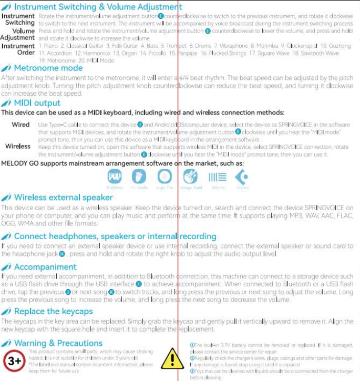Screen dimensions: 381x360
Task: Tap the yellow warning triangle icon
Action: [x=171, y=359]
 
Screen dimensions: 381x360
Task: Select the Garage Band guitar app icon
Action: [x=190, y=177]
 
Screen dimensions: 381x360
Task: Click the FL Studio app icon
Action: [x=139, y=177]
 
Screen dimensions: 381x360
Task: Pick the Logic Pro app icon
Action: [x=164, y=177]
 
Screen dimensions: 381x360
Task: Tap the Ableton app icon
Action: [x=217, y=177]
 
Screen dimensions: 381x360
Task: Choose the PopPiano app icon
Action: [x=115, y=177]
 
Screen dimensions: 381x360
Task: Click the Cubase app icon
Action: [x=242, y=177]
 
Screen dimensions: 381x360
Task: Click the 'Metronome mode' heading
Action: [x=48, y=68]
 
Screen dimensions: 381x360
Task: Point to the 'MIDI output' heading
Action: [x=37, y=103]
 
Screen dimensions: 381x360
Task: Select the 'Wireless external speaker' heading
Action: [x=63, y=198]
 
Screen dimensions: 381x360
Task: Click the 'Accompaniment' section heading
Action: [x=45, y=267]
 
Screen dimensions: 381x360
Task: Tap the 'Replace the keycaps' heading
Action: [x=53, y=312]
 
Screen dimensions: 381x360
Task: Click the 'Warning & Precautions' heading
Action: [x=58, y=344]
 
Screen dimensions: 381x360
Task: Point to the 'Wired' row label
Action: [x=20, y=125]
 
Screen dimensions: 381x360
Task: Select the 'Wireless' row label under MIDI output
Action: [x=18, y=147]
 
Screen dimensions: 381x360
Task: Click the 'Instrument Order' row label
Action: [x=18, y=49]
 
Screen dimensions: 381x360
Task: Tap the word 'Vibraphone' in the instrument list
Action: [x=233, y=46]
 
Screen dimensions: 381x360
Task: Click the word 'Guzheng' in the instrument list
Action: [x=340, y=46]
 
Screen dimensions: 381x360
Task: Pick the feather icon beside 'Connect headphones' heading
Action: [x=6, y=236]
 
